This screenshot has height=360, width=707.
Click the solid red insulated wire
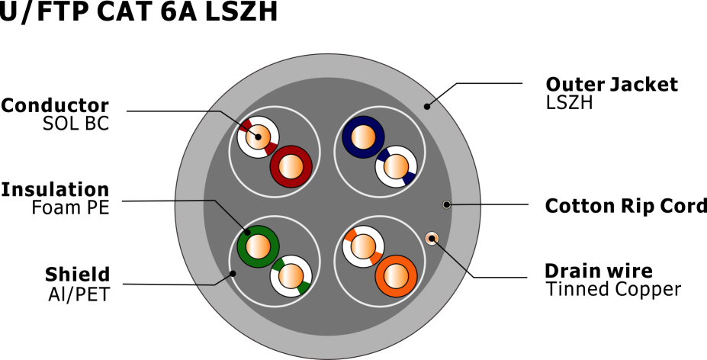point(291,166)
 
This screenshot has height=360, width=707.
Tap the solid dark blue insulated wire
point(363,137)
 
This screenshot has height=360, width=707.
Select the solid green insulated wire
point(258,247)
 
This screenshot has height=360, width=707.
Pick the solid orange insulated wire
point(396,276)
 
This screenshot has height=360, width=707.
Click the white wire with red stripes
point(258,137)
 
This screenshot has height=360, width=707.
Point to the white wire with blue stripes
point(396,166)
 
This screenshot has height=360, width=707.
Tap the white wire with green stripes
point(291,276)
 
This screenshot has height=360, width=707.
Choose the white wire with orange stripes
point(363,247)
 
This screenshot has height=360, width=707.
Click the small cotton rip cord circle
point(446,205)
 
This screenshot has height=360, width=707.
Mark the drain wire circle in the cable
point(432,238)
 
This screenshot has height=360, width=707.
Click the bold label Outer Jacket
point(612,85)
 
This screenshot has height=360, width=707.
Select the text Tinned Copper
point(613,289)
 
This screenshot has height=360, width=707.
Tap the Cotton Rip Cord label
point(626,206)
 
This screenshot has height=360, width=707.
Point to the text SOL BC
point(76,124)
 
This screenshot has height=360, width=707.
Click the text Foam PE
point(70,207)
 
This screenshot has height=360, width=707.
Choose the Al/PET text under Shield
point(79,294)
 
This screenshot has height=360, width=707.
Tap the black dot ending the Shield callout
point(233,273)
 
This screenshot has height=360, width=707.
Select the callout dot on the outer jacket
point(427,106)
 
